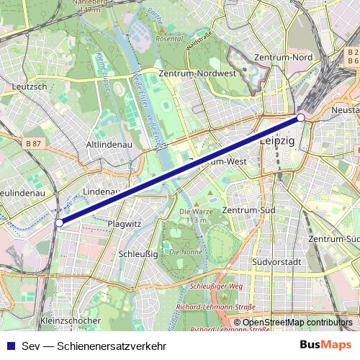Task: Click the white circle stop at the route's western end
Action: [x=59, y=223]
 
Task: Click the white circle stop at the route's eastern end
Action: [x=301, y=117]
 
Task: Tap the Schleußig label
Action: [x=133, y=254]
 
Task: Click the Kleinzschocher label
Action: [x=71, y=320]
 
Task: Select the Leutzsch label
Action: [x=30, y=86]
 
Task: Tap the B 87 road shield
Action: [x=34, y=144]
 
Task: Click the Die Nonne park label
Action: [x=185, y=253]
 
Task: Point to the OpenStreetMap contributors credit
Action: [x=297, y=323]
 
